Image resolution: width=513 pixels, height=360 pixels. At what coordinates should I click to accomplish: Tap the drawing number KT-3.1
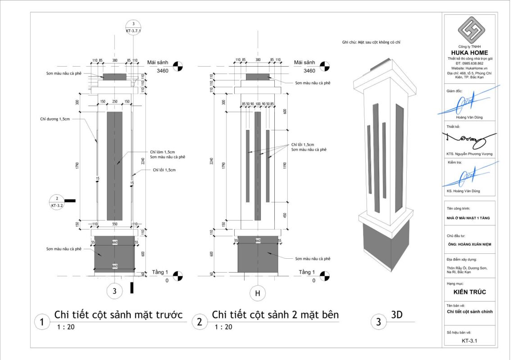(x=469, y=341)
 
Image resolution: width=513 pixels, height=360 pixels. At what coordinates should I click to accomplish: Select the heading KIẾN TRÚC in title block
(x=469, y=292)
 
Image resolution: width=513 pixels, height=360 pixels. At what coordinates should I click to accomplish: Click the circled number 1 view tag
(x=41, y=322)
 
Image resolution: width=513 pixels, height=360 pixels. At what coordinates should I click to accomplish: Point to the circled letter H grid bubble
(x=258, y=293)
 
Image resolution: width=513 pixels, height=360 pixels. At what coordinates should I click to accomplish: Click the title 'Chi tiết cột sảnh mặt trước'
(x=118, y=314)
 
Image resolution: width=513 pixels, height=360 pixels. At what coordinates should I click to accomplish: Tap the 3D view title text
(x=396, y=315)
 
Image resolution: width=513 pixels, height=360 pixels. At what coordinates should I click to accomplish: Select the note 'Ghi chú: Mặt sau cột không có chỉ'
(x=371, y=42)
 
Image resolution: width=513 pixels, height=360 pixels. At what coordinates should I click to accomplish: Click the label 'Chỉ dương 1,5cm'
(x=54, y=119)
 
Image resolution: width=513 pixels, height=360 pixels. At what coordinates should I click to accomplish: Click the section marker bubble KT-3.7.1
(x=133, y=27)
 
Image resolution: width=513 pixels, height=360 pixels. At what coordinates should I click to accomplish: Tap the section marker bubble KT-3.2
(x=57, y=201)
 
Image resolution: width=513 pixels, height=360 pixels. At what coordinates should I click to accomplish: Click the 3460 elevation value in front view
(x=163, y=71)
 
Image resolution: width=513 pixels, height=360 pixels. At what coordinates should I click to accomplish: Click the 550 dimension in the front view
(x=114, y=224)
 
